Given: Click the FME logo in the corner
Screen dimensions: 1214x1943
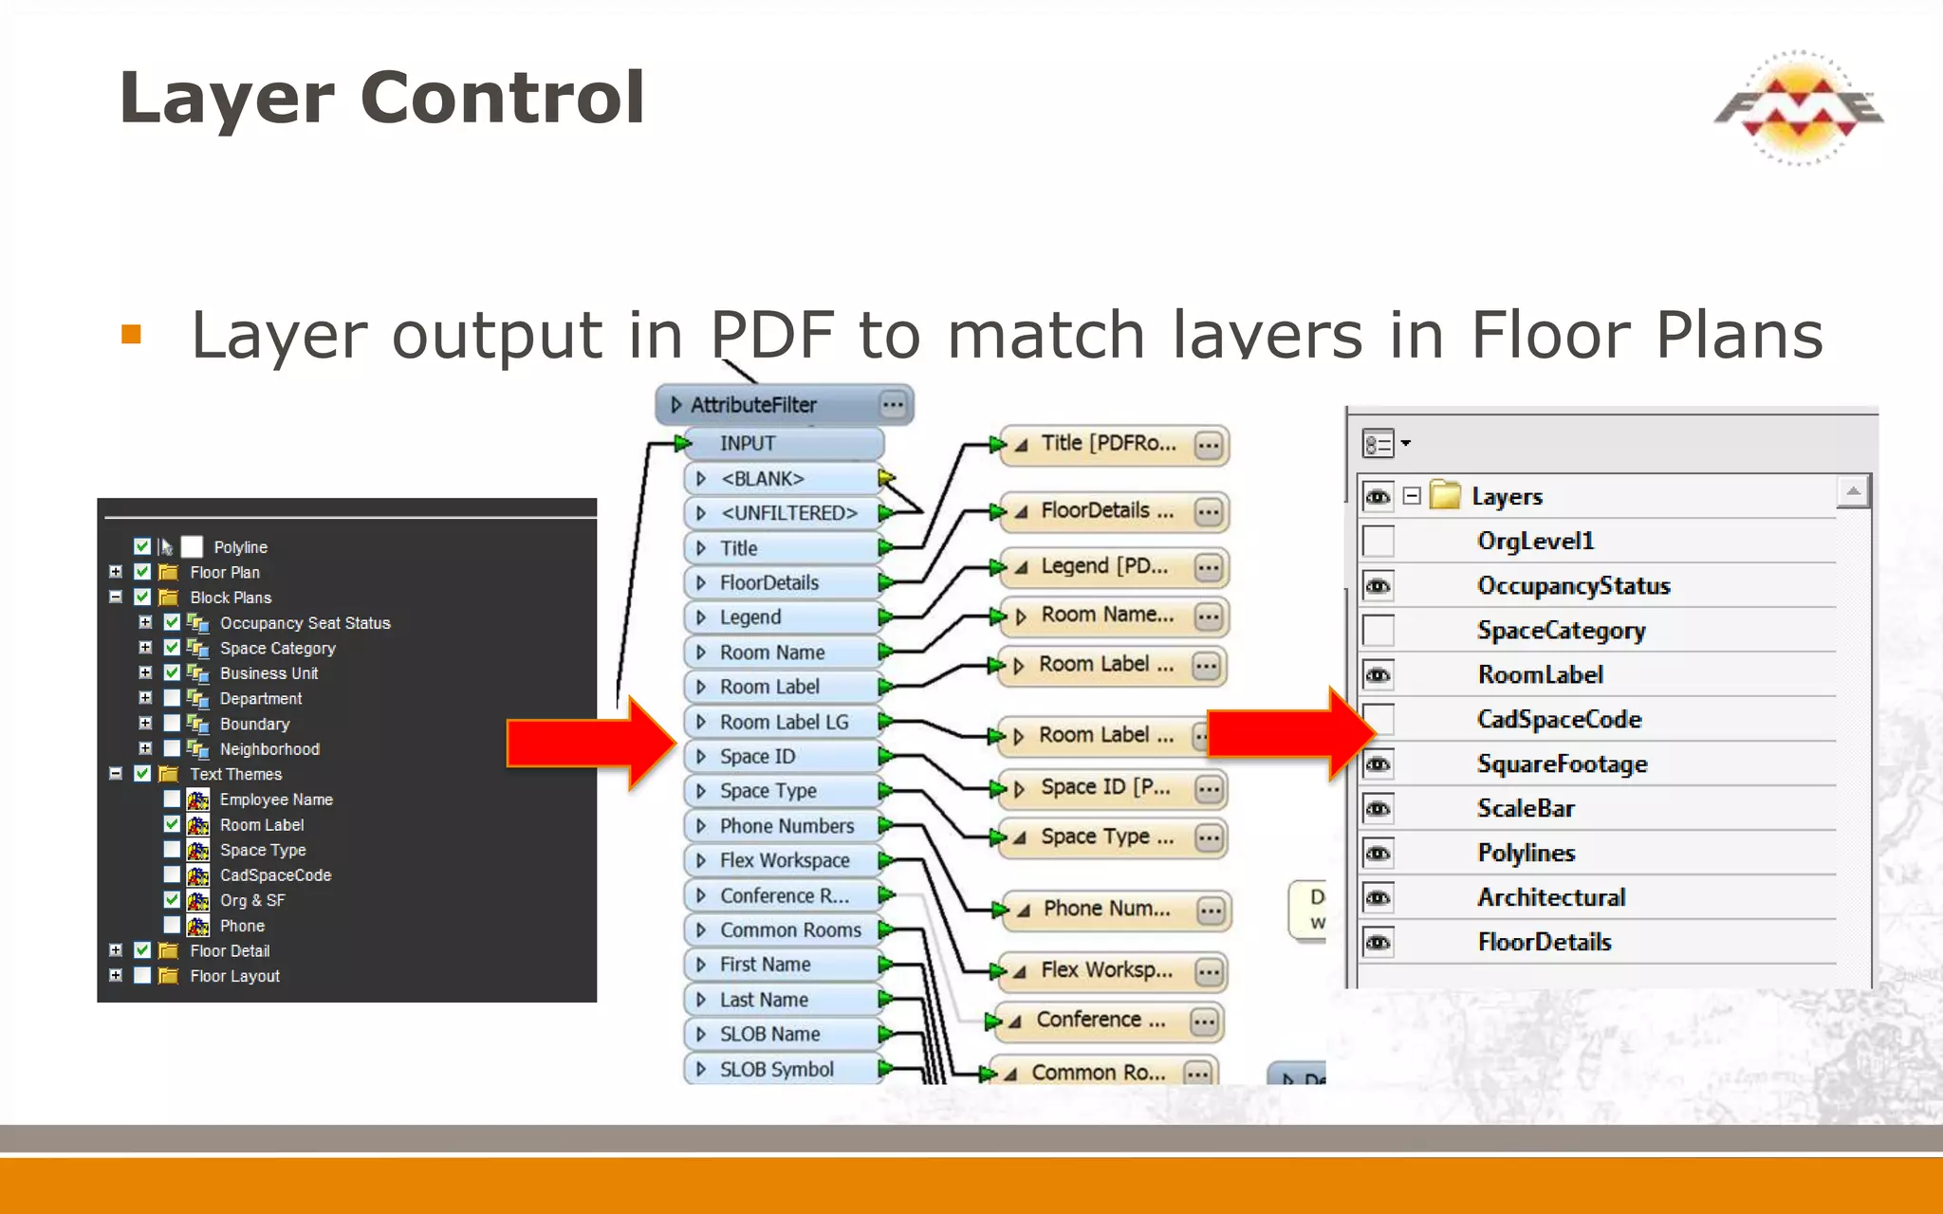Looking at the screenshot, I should click(1799, 107).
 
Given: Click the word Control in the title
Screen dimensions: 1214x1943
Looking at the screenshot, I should click(503, 98).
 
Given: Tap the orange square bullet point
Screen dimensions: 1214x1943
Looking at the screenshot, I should click(131, 334).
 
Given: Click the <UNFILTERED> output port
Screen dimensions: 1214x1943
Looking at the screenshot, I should click(787, 513).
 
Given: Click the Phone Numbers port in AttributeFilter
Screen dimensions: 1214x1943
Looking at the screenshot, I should click(786, 826).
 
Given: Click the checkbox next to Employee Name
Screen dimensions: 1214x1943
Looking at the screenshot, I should click(172, 800).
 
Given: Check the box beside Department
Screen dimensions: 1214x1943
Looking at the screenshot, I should click(172, 698).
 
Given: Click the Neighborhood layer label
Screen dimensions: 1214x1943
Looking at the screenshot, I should click(269, 749).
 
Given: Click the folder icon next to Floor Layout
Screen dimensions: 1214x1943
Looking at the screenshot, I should click(168, 976).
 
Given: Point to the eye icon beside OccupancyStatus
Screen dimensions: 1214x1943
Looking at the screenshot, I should click(1378, 586).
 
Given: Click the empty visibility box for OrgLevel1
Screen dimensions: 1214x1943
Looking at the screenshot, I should click(1378, 542).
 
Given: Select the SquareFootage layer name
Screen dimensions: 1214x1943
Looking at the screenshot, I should click(1562, 764).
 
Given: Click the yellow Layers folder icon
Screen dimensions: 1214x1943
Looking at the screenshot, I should click(1445, 495).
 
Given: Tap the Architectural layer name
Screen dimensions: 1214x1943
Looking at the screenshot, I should click(1551, 897).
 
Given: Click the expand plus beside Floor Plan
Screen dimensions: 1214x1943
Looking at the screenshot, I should click(116, 572).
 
